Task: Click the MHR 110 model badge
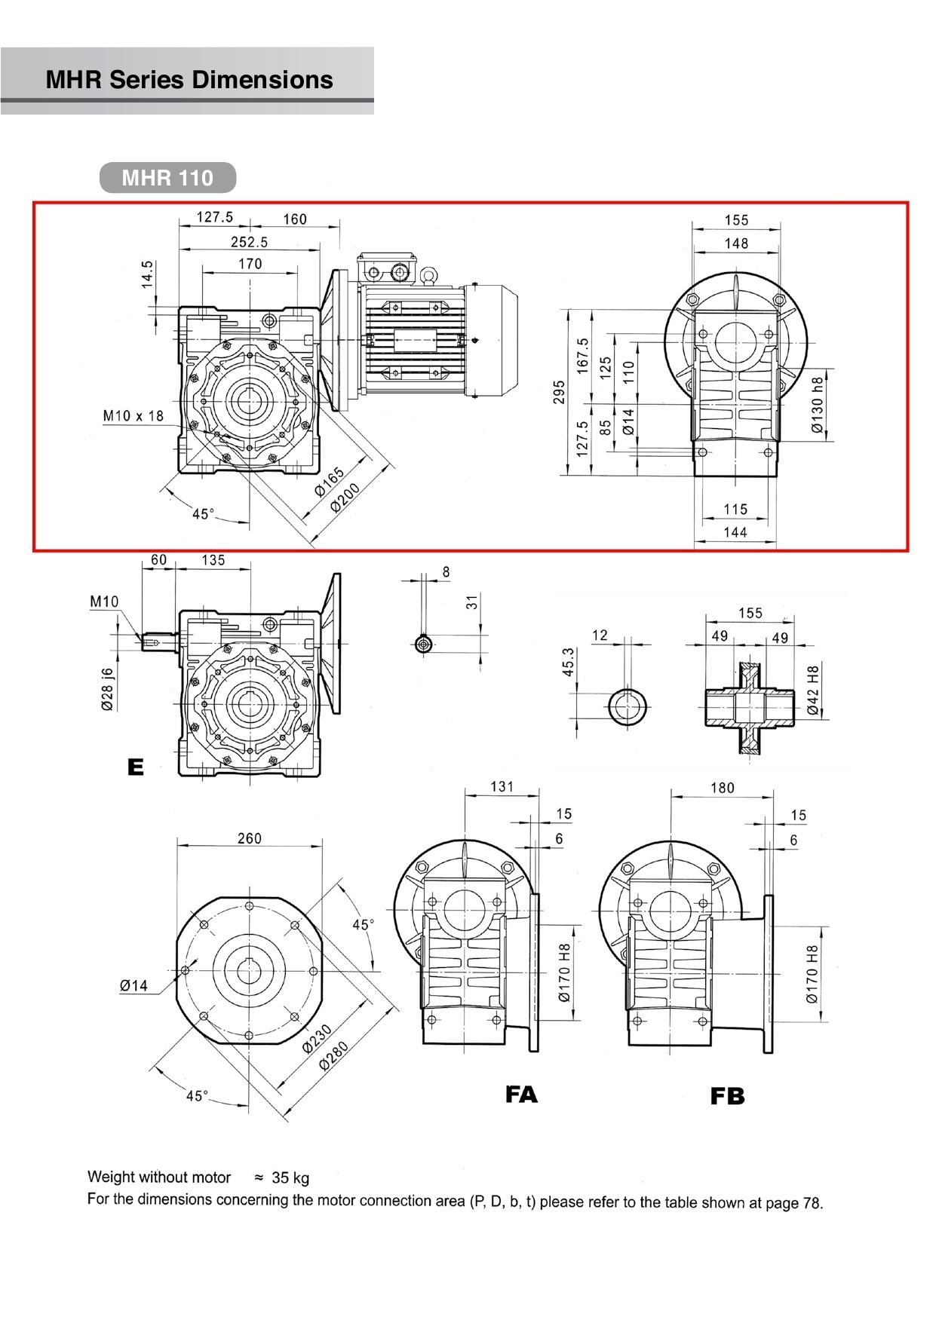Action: pos(167,178)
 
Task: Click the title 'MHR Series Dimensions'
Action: pos(189,80)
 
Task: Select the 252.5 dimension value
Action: pos(249,242)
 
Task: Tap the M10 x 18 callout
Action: pos(133,415)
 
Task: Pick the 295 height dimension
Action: pos(559,392)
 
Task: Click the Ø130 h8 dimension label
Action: pos(818,405)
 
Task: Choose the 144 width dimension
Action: pos(735,532)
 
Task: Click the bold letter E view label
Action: pos(136,767)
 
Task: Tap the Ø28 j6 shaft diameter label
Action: pos(107,690)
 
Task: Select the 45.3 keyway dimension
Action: pos(569,661)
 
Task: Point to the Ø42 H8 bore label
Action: pos(812,690)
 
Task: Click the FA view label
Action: pos(521,1094)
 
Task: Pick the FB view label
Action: pos(727,1096)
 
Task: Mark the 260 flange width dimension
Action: pos(250,838)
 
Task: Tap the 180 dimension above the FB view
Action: pos(722,788)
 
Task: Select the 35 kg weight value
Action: pos(290,1178)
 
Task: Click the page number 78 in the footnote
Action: pos(812,1203)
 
